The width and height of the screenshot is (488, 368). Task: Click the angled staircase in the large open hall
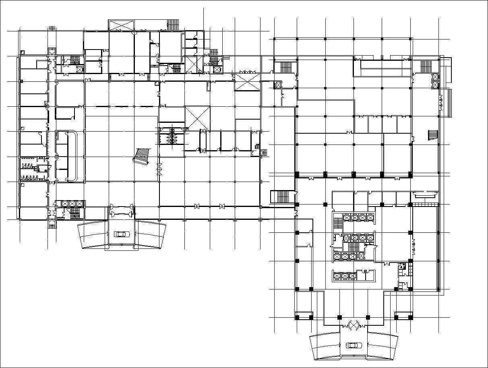pos(142,156)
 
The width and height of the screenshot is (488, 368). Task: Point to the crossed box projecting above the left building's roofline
pos(120,25)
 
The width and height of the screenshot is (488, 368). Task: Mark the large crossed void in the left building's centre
pos(197,118)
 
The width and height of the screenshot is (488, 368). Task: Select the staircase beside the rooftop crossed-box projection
pos(173,25)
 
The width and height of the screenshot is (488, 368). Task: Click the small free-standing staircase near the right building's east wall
pos(432,135)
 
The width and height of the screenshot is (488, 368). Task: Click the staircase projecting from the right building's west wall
pos(281,197)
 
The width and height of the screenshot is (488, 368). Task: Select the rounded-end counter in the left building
pos(73,155)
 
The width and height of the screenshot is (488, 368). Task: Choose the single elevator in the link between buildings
pos(277,85)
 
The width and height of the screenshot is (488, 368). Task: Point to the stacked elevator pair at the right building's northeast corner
pos(435,81)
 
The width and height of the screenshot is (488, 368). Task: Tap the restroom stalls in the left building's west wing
pos(28,171)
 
